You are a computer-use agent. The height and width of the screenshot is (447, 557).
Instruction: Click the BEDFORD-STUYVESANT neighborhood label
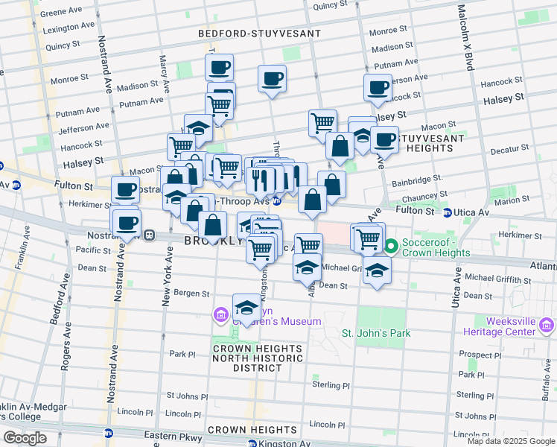coord(259,34)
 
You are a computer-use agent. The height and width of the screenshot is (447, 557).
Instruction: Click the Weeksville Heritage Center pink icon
coord(547,325)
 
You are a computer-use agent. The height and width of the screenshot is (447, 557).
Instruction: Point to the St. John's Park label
coord(375,333)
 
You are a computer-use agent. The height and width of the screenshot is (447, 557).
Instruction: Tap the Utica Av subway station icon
coord(448,213)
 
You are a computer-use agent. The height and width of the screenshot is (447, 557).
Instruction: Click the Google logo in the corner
coord(25,438)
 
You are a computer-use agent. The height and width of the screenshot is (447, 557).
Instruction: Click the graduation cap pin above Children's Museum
coord(246,307)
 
